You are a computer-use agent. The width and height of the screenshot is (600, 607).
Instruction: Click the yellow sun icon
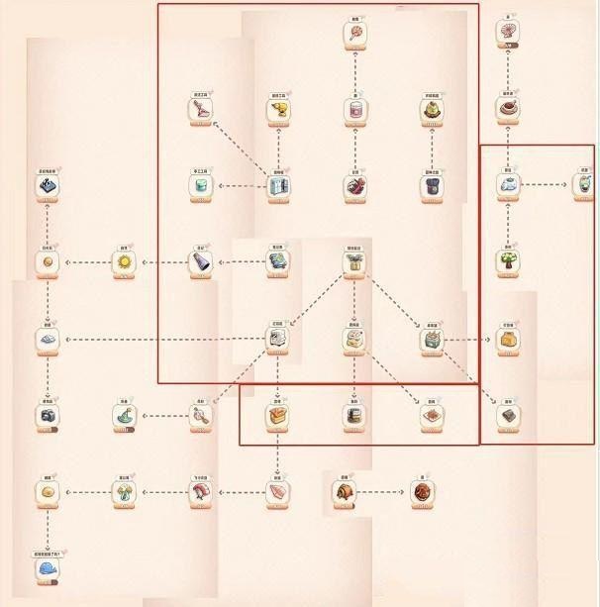click(125, 262)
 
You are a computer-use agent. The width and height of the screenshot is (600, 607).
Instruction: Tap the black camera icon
click(48, 415)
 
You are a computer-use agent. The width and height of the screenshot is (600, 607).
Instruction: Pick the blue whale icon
click(48, 569)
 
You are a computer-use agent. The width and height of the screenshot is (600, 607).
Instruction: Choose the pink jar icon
click(355, 110)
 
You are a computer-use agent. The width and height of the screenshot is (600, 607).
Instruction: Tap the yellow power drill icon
click(278, 111)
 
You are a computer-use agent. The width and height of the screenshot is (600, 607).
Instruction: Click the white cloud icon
click(508, 185)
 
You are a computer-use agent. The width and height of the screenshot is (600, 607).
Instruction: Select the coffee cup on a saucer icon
click(508, 109)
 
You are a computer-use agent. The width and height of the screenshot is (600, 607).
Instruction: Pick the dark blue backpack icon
click(432, 186)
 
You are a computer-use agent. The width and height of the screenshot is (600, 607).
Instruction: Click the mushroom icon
click(125, 492)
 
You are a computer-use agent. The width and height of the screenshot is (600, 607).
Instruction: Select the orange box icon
click(278, 416)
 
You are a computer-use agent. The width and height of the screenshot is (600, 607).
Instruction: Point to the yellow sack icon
click(508, 339)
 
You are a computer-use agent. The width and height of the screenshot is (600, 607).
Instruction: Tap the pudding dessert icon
click(432, 112)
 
